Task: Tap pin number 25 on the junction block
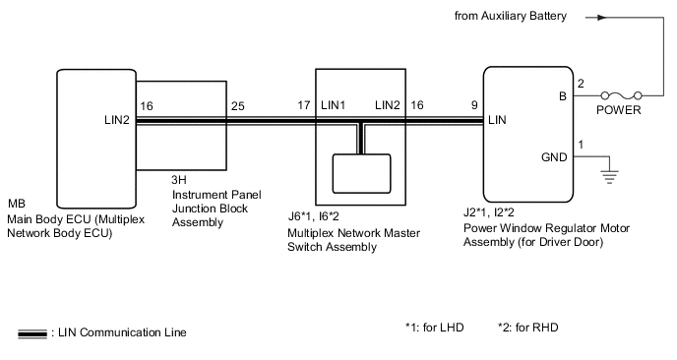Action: (x=237, y=105)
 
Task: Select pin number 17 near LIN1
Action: (x=304, y=105)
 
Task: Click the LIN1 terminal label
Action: (x=334, y=105)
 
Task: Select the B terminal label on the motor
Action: (x=561, y=96)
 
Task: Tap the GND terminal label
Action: (x=554, y=156)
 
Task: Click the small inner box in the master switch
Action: (x=361, y=173)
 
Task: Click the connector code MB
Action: (x=16, y=205)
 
